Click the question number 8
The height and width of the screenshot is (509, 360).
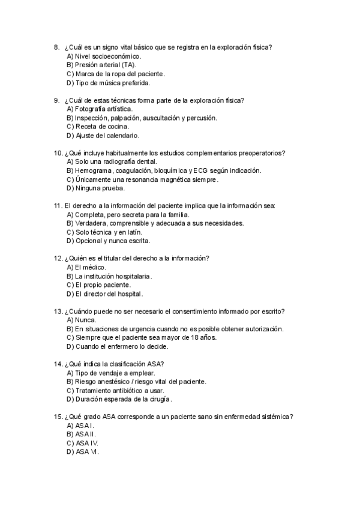click(x=56, y=47)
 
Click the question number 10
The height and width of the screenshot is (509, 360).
click(x=58, y=152)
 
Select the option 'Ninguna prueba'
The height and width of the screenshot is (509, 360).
click(x=96, y=188)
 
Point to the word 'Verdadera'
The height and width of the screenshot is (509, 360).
click(x=91, y=223)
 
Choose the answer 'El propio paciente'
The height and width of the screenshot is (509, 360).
click(x=101, y=285)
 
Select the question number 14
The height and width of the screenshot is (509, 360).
click(x=58, y=364)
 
